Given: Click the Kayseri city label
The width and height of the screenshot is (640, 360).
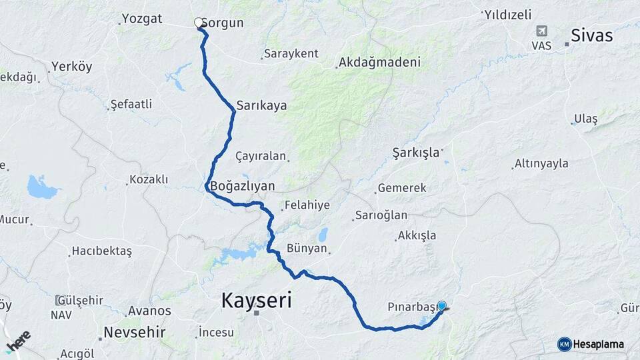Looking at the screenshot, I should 257,301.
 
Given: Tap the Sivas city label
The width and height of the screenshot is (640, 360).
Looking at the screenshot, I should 591,36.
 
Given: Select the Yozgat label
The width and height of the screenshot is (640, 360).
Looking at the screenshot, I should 142,19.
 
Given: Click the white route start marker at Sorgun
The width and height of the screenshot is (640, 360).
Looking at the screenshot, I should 199,23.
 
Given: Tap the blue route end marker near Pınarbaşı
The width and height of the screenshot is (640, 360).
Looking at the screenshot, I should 441,306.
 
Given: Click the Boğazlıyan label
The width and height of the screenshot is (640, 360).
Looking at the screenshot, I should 242,187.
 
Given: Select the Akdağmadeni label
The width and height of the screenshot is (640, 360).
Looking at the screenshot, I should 379,63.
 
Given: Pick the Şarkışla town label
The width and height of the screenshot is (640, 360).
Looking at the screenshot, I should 416,152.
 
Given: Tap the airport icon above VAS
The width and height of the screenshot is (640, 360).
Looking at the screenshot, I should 541,31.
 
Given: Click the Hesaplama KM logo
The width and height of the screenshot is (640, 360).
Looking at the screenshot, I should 591,344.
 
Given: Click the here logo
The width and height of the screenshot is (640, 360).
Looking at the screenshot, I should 18,341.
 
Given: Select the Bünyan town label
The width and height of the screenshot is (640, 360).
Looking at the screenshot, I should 307,249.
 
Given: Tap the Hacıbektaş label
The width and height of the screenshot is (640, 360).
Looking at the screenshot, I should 102,251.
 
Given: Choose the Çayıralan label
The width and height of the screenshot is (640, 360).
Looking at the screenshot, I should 261,156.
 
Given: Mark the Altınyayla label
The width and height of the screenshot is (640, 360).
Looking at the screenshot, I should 541,163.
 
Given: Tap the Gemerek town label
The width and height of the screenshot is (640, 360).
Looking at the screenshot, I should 401,189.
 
